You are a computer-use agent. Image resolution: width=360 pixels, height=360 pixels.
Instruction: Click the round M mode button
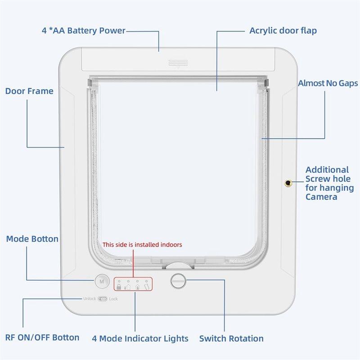click(x=102, y=281)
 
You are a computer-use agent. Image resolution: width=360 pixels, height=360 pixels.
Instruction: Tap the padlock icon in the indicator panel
click(x=119, y=287)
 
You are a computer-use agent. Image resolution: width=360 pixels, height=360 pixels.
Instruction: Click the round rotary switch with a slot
click(x=178, y=281)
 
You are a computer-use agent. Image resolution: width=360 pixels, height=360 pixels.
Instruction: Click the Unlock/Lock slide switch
click(x=103, y=299)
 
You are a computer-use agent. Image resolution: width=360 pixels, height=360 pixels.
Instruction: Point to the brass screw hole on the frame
click(x=288, y=183)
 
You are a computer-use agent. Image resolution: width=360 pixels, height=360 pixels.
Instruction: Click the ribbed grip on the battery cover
click(x=178, y=63)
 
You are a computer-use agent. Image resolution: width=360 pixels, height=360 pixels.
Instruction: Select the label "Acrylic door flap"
click(x=283, y=31)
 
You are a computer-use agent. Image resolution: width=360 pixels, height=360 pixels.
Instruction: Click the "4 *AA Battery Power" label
click(x=84, y=31)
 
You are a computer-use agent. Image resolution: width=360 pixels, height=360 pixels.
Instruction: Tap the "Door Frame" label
click(x=29, y=91)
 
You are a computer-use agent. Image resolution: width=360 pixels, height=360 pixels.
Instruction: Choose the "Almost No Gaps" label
click(x=328, y=83)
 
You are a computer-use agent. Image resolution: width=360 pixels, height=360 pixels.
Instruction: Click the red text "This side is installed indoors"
click(x=142, y=244)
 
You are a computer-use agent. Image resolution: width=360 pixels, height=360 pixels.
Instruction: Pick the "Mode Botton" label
click(x=32, y=239)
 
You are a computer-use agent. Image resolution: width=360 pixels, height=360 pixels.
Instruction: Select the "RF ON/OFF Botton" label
click(x=42, y=337)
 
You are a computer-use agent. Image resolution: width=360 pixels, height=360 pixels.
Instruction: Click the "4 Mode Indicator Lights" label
click(x=140, y=338)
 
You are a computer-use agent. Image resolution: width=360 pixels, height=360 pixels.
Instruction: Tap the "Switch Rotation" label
click(x=231, y=338)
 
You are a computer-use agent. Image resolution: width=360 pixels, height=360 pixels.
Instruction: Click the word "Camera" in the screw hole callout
click(x=321, y=197)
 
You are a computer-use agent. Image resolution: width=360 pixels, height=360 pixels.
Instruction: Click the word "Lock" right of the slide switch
click(x=113, y=299)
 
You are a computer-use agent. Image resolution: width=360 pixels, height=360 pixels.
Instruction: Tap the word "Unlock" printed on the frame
click(x=90, y=298)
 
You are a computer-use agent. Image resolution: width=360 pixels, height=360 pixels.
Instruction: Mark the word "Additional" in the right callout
click(x=327, y=170)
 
